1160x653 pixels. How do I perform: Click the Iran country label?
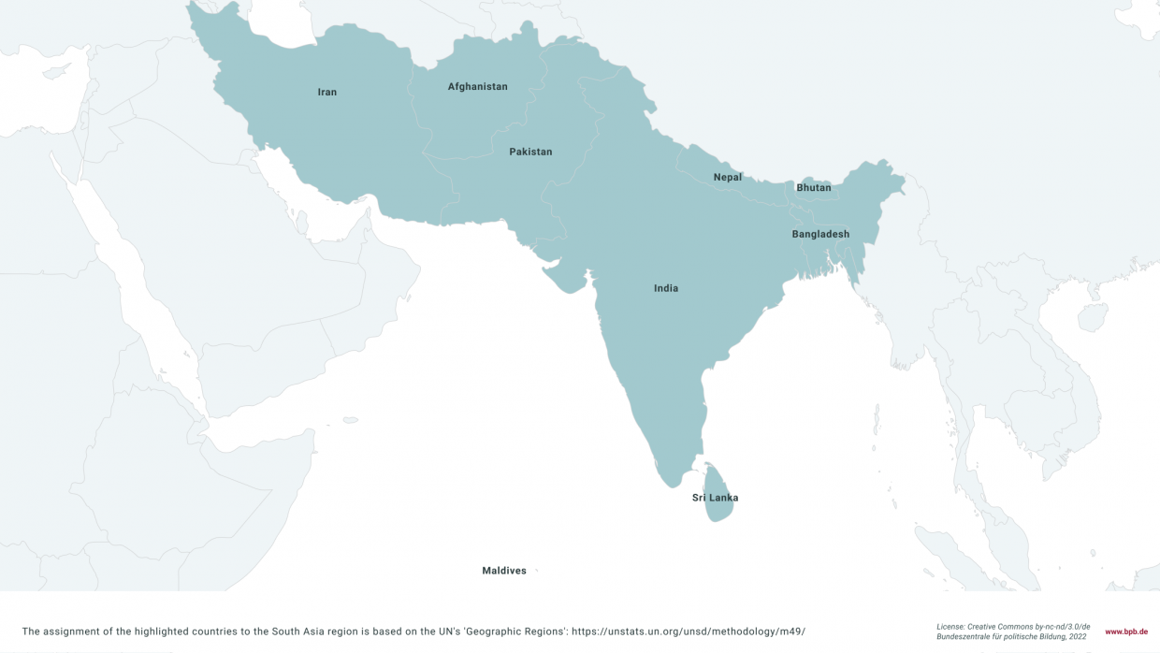pos(326,92)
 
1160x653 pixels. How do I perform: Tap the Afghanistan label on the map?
pos(477,87)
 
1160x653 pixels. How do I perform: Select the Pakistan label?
pos(530,152)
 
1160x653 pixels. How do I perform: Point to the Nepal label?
pos(727,177)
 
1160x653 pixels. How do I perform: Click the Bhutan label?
pos(813,188)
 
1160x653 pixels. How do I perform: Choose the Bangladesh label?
pos(820,234)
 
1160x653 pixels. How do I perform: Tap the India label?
pos(666,288)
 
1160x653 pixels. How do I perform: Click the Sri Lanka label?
pos(715,498)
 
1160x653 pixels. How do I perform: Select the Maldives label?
pos(504,571)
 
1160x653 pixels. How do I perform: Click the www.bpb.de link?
pos(1126,631)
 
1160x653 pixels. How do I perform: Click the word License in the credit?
pos(951,626)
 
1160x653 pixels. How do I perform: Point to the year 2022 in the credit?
pos(1077,636)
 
